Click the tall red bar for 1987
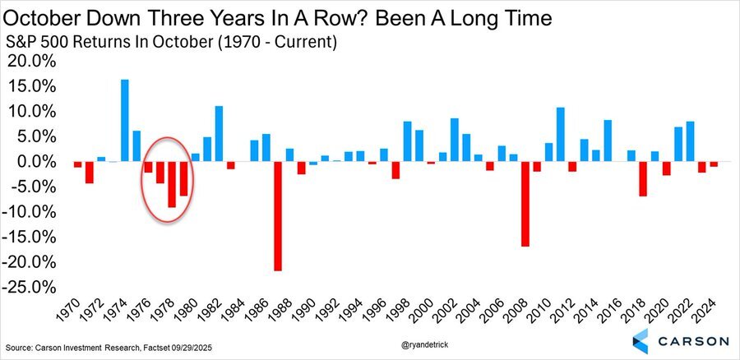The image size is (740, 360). tap(278, 215)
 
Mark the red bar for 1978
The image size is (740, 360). tap(172, 184)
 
